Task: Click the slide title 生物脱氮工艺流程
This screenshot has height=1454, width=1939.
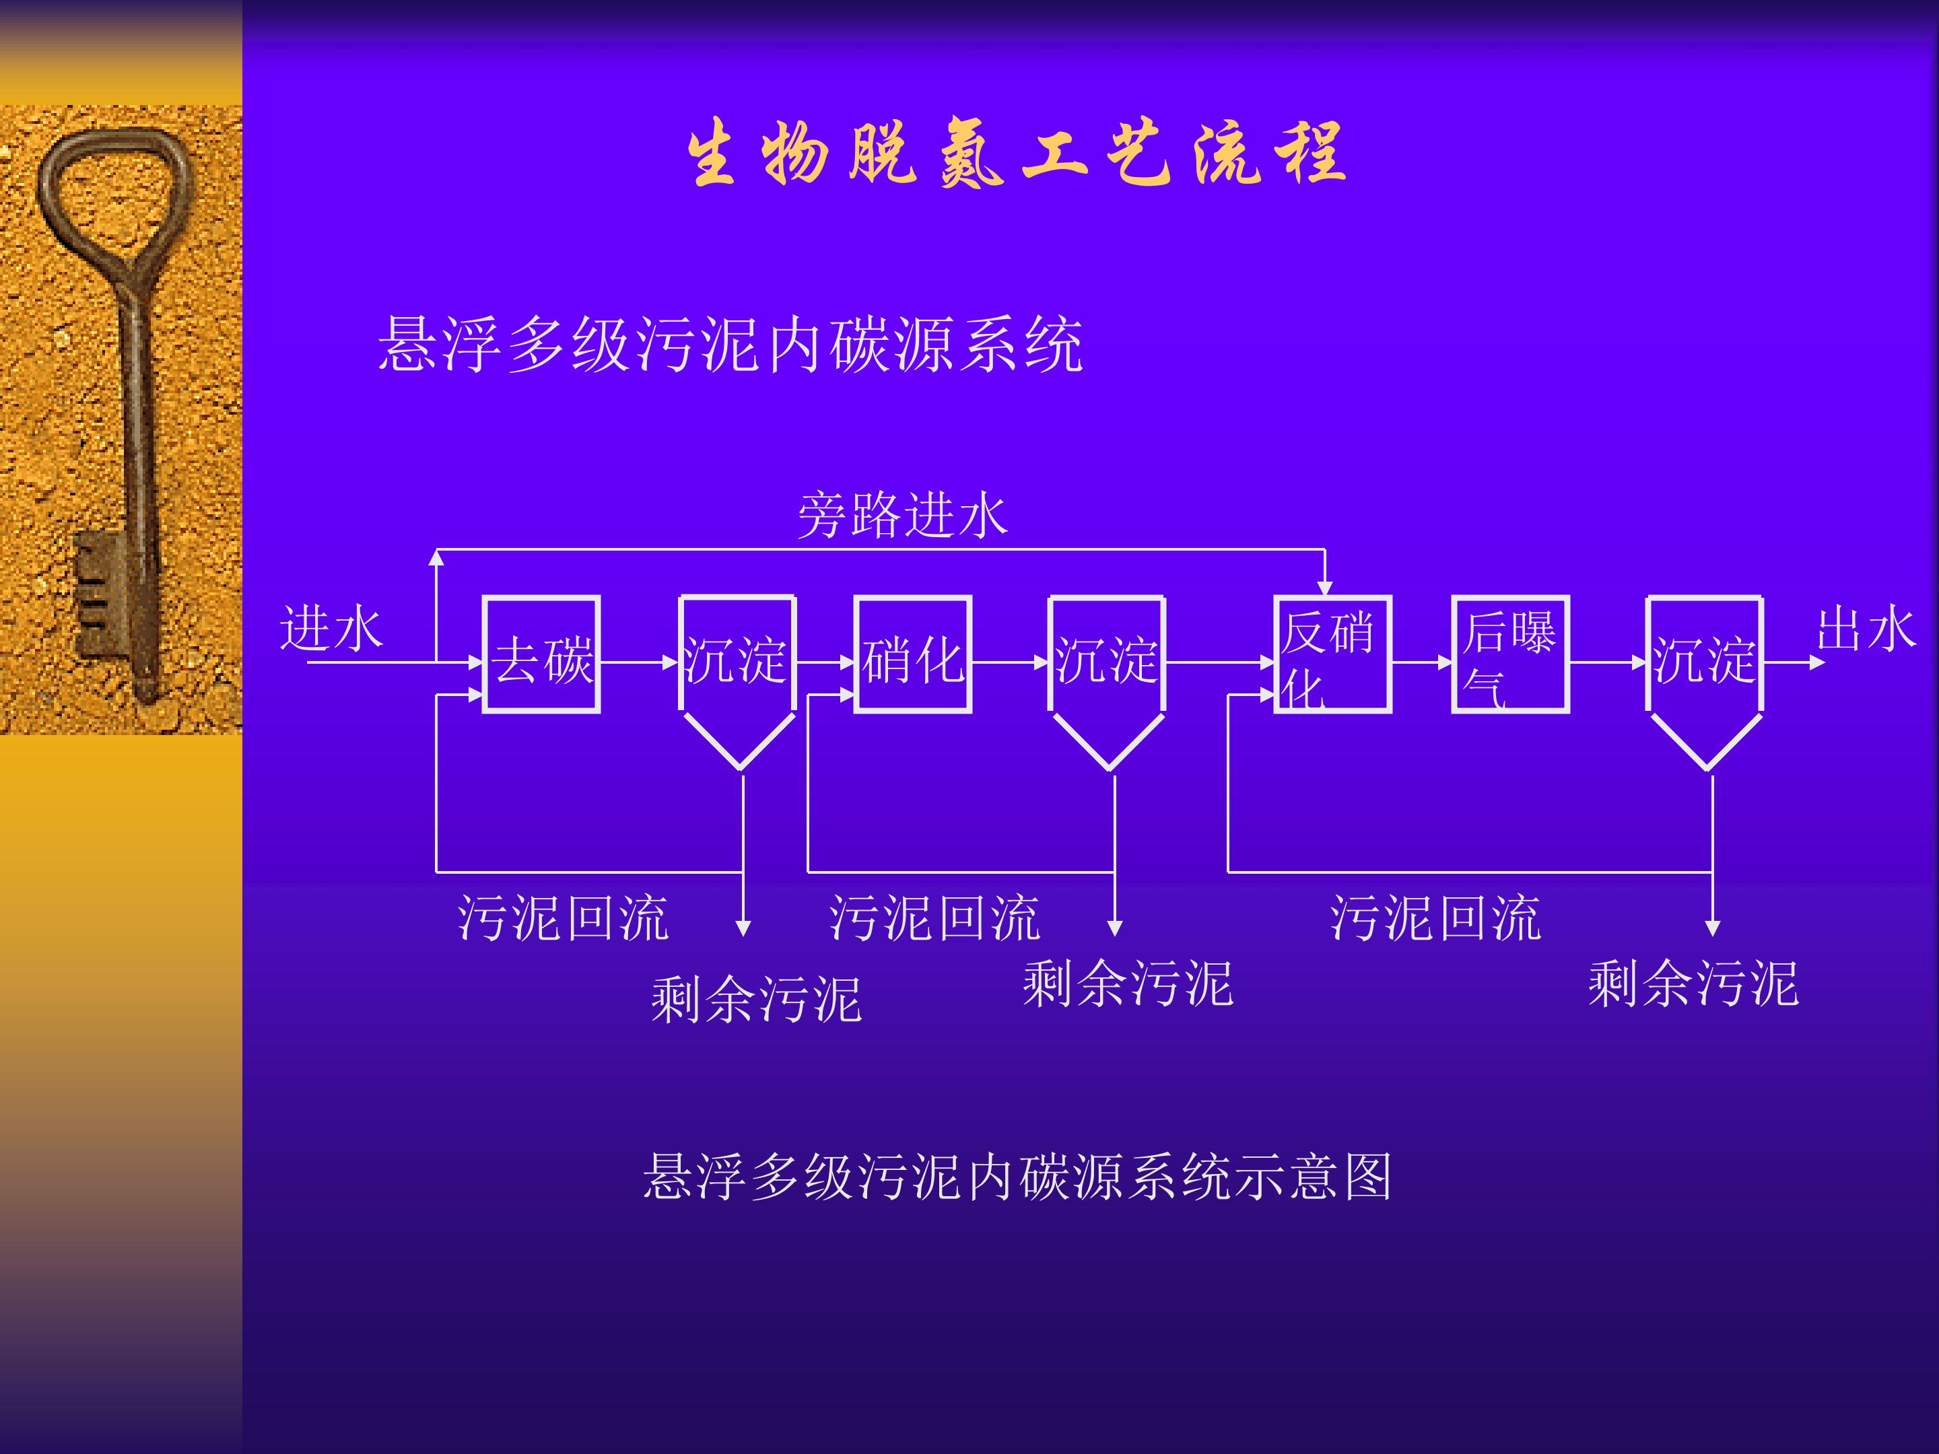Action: [x=1017, y=153]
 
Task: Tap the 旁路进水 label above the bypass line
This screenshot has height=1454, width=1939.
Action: [x=903, y=514]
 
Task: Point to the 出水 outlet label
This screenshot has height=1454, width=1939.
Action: [x=1866, y=629]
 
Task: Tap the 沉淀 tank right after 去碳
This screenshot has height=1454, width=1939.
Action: [x=738, y=683]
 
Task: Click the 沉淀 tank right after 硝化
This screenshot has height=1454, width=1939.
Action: [x=1107, y=683]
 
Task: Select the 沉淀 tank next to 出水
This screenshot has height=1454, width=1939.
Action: [x=1705, y=683]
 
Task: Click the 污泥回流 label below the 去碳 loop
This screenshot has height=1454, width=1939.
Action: [x=564, y=918]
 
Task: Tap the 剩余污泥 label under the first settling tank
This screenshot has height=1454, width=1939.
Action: [x=755, y=999]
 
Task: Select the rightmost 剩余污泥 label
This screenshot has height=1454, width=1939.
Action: [x=1693, y=983]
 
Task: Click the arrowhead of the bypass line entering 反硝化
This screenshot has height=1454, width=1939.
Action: [x=1324, y=588]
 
